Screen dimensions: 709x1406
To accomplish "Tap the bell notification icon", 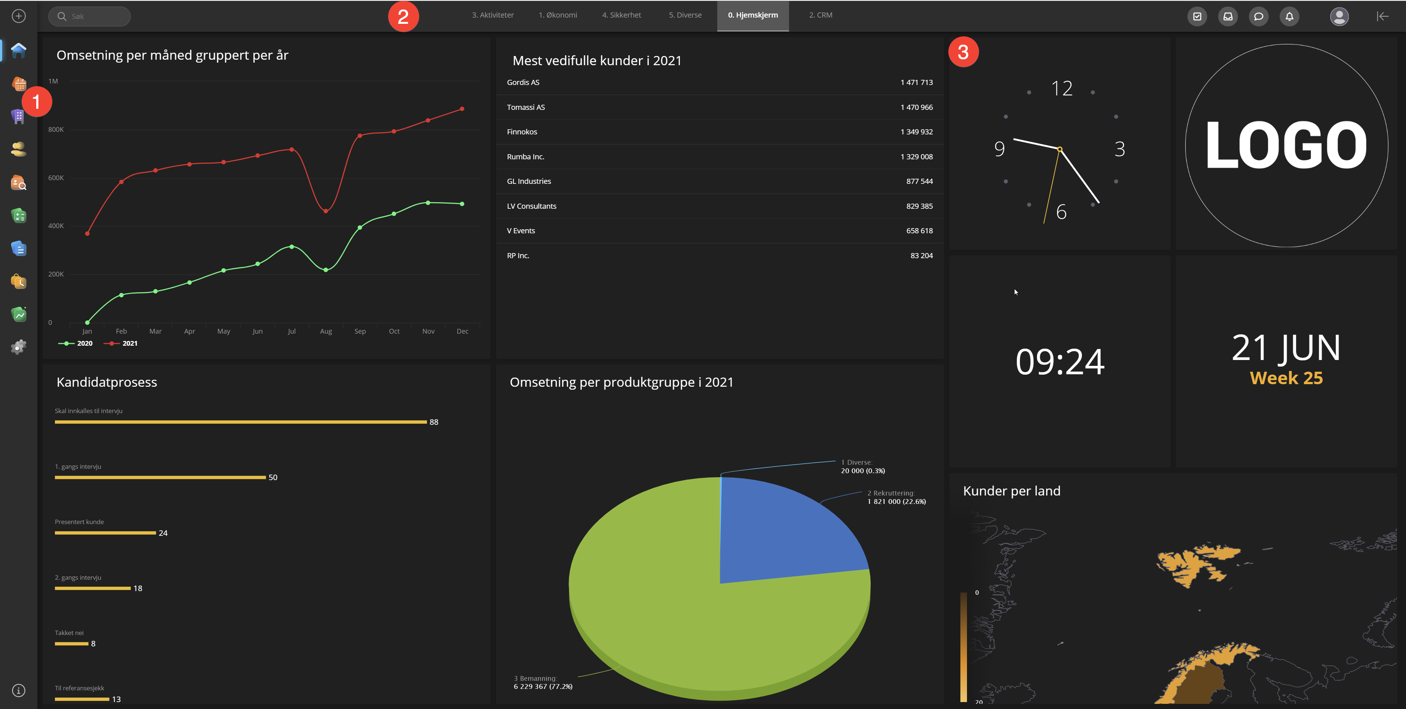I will [x=1289, y=16].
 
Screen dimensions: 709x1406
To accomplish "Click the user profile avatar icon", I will [x=1339, y=16].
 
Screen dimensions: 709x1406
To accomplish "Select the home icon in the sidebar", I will [x=19, y=50].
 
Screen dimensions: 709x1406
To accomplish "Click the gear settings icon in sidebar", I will [x=19, y=347].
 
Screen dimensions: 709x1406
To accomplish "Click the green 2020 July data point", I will [x=291, y=247].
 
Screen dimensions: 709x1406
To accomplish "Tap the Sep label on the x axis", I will [x=360, y=331].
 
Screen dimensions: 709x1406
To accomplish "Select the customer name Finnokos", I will [x=522, y=131].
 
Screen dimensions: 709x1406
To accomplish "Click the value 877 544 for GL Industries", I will [x=919, y=181].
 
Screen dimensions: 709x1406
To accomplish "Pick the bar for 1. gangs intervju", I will [x=160, y=478].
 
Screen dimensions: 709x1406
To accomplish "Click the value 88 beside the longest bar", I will [x=434, y=422].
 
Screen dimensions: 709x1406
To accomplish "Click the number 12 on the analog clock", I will [x=1061, y=88].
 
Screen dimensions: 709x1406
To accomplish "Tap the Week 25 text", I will [x=1286, y=378].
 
